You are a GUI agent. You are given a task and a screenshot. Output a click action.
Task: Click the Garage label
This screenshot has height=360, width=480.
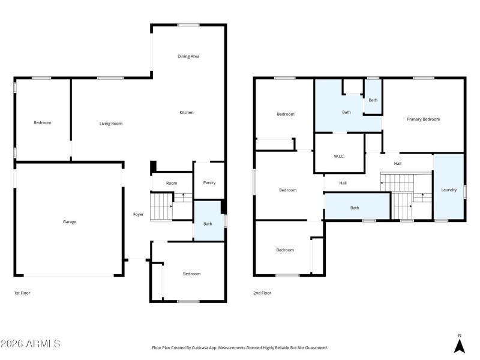(x=70, y=222)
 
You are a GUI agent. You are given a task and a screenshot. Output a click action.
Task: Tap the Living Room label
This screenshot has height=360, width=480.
(x=111, y=124)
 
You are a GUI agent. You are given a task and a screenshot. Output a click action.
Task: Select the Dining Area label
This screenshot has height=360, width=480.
(x=188, y=56)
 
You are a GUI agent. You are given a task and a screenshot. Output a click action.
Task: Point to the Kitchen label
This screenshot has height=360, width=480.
(x=187, y=113)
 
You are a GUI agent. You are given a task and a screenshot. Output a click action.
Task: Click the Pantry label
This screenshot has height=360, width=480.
(x=209, y=183)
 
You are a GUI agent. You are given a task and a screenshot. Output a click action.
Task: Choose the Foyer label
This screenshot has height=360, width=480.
(x=138, y=214)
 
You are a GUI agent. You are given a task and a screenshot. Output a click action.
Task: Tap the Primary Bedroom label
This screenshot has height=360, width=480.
(x=423, y=119)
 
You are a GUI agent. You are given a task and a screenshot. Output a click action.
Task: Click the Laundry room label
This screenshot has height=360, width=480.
(x=449, y=190)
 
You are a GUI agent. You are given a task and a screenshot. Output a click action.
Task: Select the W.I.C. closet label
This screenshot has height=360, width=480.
(x=339, y=157)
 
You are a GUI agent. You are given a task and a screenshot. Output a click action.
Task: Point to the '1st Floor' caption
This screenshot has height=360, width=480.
(x=22, y=293)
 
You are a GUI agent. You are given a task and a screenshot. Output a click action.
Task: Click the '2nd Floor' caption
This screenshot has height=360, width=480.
(x=262, y=293)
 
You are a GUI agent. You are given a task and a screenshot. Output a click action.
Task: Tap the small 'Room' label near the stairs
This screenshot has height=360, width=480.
(x=172, y=183)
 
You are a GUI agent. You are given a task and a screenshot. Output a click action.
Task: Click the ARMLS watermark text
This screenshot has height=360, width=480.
(x=31, y=344)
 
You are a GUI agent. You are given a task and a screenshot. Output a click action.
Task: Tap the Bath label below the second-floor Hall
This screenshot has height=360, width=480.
(x=355, y=208)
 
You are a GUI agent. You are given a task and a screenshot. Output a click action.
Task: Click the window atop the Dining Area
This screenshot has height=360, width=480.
(x=188, y=25)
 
